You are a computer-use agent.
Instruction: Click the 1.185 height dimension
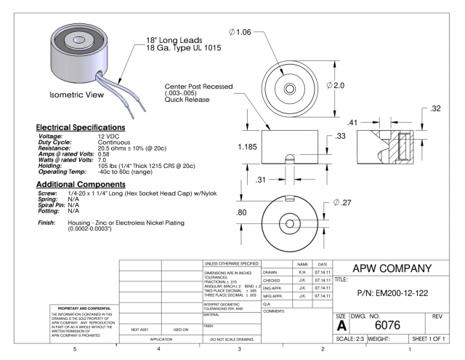click(248, 145)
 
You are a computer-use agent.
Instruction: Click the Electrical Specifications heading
click(81, 128)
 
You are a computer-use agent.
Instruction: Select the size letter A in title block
click(341, 327)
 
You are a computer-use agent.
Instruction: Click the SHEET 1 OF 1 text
click(429, 340)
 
